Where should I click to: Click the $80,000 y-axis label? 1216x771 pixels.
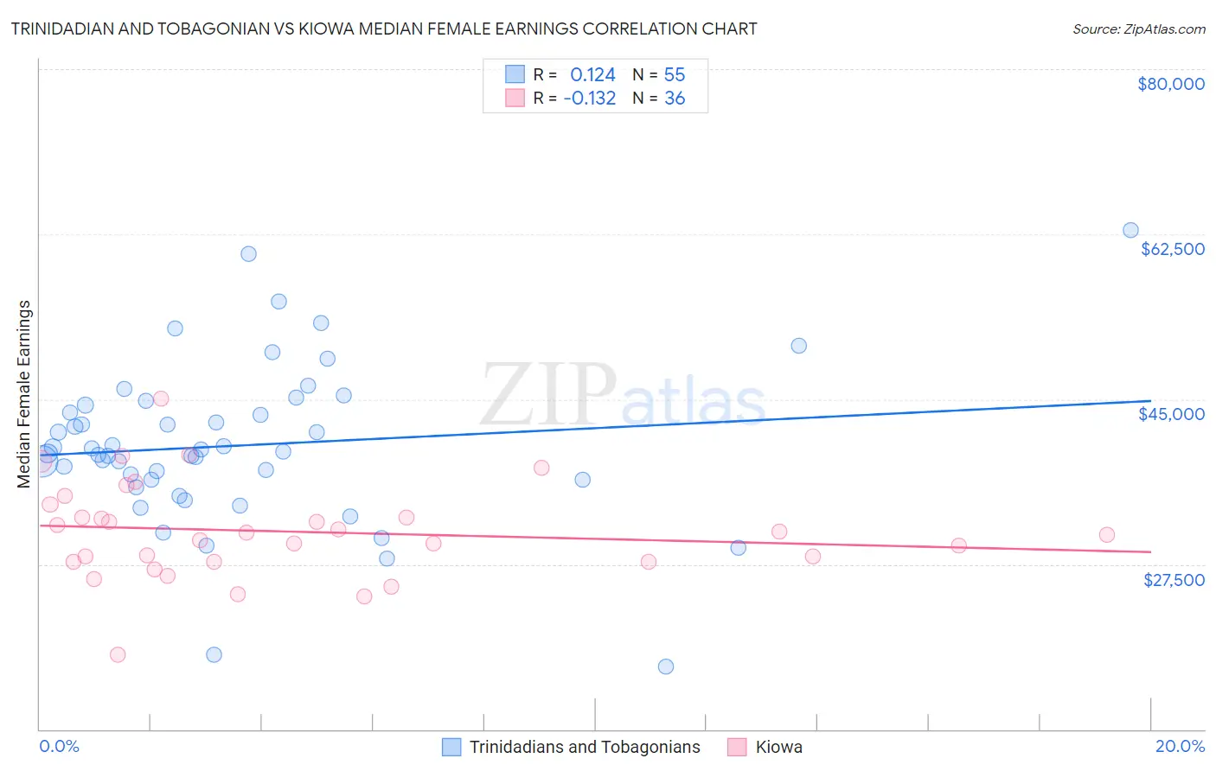coord(1171,84)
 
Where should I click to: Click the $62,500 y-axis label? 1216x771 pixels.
coord(1172,249)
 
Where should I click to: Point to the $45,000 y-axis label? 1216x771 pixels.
coord(1171,414)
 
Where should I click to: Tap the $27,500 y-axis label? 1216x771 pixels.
coord(1174,580)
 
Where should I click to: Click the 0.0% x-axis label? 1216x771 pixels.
coord(59,746)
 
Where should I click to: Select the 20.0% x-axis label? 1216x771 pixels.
coord(1180,746)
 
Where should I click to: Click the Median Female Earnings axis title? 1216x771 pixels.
coord(24,394)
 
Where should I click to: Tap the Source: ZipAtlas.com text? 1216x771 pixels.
coord(1138,29)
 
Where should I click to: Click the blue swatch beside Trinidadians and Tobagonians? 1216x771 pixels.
coord(451,747)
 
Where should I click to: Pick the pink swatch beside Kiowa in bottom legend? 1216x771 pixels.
coord(737,747)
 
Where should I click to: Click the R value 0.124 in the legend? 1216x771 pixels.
coord(592,75)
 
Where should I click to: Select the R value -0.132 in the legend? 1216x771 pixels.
coord(589,99)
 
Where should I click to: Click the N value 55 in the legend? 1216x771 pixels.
coord(675,75)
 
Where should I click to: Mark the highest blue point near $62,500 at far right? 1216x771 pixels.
coord(1130,230)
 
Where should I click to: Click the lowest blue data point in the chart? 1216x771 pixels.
coord(665,666)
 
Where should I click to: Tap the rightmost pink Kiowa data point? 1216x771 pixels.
coord(1107,534)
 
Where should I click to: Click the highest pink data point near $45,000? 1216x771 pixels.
coord(160,398)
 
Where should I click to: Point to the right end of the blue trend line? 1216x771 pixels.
coord(1150,401)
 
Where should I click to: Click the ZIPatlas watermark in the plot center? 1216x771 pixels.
coord(623,396)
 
